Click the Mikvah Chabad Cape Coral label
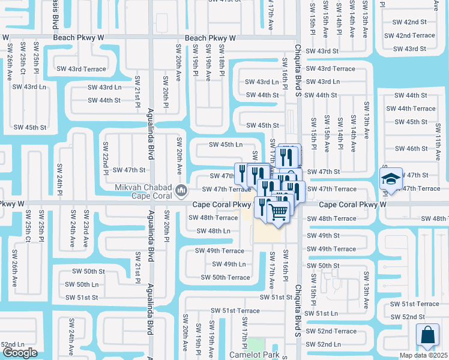[x=143, y=191]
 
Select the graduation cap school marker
[x=391, y=179]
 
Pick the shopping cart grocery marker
[x=277, y=211]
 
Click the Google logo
[x=19, y=353]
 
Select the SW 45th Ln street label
[x=226, y=145]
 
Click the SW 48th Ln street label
[x=209, y=231]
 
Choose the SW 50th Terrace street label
[x=225, y=277]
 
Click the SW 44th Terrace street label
[x=411, y=109]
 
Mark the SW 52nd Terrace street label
[x=337, y=331]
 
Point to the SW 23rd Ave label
[x=86, y=222]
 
